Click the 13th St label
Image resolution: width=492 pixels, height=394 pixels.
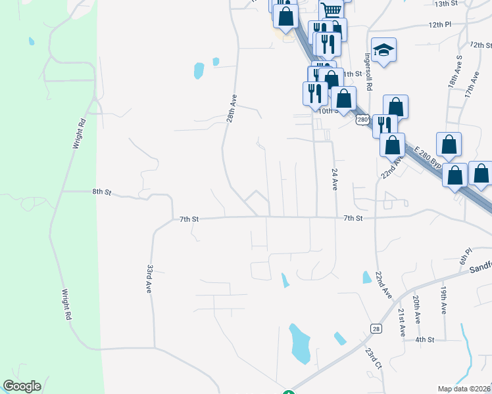[x=445, y=4]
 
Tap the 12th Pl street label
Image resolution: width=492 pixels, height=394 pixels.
[x=440, y=24]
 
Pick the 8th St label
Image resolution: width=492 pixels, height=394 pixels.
[x=101, y=192]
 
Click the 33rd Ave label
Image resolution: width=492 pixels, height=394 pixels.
[x=150, y=278]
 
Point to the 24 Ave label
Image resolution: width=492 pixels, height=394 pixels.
[x=335, y=179]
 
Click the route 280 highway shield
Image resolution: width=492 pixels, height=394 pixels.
[x=362, y=120]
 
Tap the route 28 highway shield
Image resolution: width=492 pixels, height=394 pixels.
[x=376, y=328]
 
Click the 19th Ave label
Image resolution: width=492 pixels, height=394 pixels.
[x=444, y=299]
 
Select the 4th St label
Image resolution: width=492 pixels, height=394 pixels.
[x=424, y=339]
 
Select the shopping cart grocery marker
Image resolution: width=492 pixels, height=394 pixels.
[x=332, y=10]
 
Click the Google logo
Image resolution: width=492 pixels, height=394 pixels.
[x=22, y=386]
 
